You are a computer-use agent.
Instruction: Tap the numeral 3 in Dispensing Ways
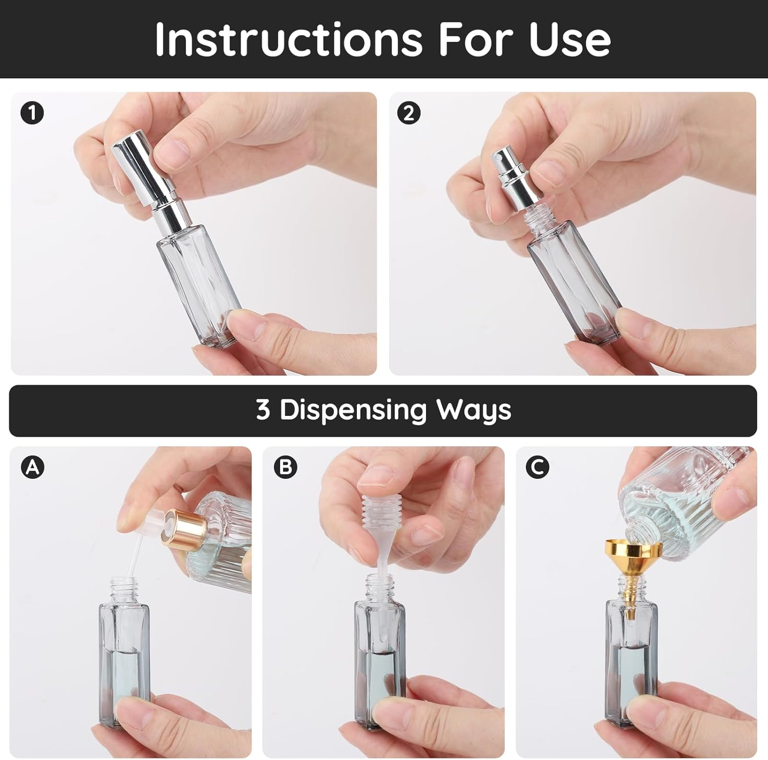click(x=263, y=410)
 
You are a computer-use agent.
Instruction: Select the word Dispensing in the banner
click(x=353, y=411)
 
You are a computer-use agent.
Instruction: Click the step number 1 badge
click(x=32, y=113)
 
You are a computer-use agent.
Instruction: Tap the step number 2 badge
click(x=409, y=113)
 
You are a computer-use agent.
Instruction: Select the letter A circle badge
click(x=32, y=467)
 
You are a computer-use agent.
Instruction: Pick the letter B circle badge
click(x=285, y=467)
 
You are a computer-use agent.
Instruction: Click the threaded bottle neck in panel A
click(x=124, y=589)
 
